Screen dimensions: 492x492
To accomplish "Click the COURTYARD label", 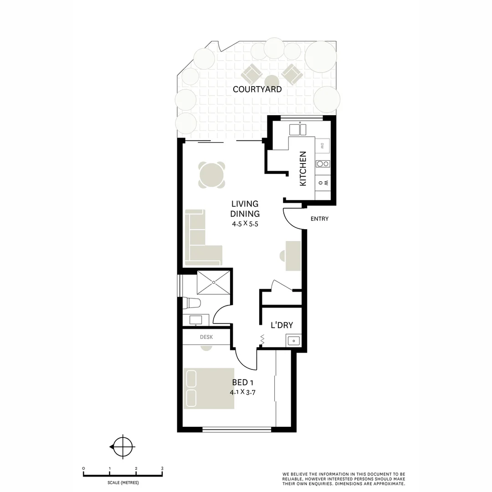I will click(x=257, y=89).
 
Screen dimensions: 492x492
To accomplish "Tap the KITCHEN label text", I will click(x=303, y=169).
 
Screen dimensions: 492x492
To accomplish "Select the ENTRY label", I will click(x=319, y=219).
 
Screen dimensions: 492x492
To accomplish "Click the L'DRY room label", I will click(x=282, y=325).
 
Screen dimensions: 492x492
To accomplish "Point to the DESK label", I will click(x=206, y=338).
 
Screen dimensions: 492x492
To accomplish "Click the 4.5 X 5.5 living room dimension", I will click(x=245, y=224).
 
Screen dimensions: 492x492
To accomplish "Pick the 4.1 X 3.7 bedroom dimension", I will click(x=242, y=392).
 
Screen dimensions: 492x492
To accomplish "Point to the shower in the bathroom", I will click(x=213, y=282).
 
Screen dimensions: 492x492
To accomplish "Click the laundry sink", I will click(x=294, y=340).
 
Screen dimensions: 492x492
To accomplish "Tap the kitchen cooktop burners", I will click(x=323, y=164).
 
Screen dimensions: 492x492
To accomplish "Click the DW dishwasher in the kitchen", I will click(x=322, y=146).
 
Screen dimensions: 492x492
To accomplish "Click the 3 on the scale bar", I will click(x=162, y=468).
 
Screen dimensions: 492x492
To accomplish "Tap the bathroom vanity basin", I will click(x=196, y=320).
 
